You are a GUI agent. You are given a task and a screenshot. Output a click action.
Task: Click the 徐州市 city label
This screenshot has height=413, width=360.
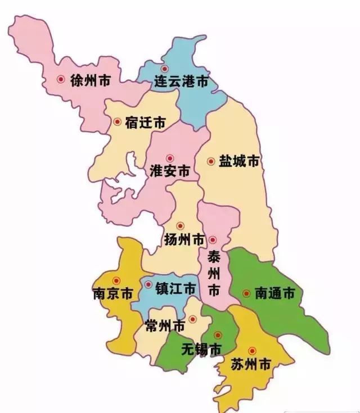(x=90, y=80)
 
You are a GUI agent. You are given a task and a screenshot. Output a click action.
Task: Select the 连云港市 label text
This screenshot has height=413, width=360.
(x=181, y=83)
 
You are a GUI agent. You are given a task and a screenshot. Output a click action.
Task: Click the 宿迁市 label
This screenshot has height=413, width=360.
(x=146, y=122)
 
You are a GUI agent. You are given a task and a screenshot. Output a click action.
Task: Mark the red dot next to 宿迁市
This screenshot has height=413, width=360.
(x=117, y=121)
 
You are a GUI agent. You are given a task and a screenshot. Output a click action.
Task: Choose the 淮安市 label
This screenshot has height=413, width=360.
(x=170, y=171)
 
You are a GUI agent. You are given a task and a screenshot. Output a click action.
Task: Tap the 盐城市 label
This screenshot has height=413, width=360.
(x=239, y=161)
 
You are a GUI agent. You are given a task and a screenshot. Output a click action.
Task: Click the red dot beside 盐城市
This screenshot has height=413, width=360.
(x=211, y=161)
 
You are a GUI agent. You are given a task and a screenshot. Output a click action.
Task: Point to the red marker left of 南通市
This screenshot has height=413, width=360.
(x=246, y=293)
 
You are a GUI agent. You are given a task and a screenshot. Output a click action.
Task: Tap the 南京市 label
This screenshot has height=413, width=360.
(x=112, y=294)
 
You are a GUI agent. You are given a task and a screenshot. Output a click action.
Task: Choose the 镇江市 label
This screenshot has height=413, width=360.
(x=176, y=289)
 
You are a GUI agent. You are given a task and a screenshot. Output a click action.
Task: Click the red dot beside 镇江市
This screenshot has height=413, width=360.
(x=148, y=284)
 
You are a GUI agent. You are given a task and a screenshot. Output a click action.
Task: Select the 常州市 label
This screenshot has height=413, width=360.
(x=165, y=325)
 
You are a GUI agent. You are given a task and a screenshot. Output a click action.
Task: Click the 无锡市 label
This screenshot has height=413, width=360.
(x=201, y=349)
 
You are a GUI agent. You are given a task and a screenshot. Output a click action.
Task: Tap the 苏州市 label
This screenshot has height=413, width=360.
(x=251, y=364)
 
